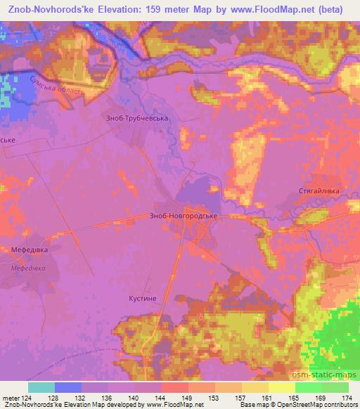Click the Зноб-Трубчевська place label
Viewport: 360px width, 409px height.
136,119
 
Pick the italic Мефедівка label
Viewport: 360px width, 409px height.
28,268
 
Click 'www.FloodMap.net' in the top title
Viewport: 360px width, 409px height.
276,7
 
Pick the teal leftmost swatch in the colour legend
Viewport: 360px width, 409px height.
41,387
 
